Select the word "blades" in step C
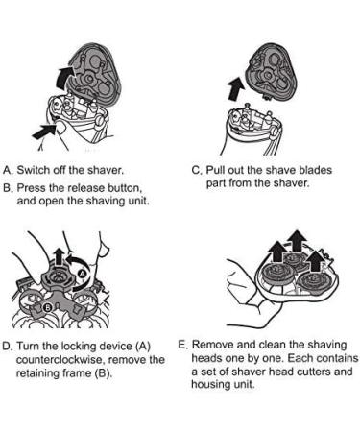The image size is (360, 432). pos(315,170)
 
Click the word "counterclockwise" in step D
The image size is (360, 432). pos(60,360)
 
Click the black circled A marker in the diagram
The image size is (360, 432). pos(83,274)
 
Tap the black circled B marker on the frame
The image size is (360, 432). pos(47,307)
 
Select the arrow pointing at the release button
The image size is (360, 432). pos(44,132)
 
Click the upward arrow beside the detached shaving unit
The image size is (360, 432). pos(236,88)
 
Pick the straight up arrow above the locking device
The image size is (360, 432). pos(59,257)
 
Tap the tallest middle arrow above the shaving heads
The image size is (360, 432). pos(297,240)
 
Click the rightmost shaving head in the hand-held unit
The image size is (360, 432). pos(312,281)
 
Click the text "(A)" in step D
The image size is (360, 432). pos(143,347)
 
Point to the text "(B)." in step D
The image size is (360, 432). pos(104,373)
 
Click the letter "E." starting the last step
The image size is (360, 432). pos(183,345)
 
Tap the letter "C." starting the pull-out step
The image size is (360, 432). pos(197,170)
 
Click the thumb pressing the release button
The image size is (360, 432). pos(60,131)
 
